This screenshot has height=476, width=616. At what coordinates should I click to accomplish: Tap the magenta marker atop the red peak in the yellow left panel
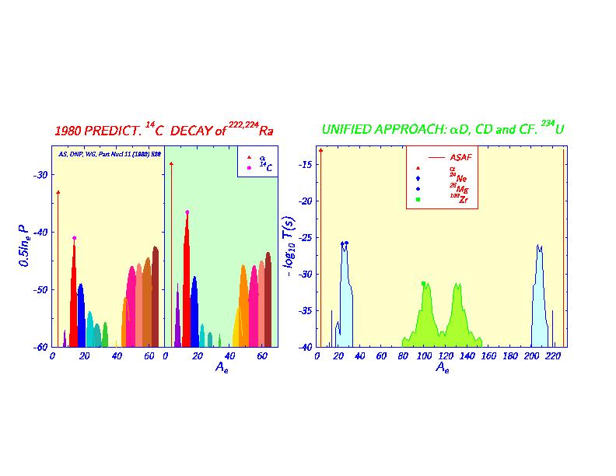pos(74,238)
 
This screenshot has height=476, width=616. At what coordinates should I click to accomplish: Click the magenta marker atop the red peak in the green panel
pos(187,212)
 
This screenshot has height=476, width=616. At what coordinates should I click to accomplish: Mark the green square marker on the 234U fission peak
pos(423,284)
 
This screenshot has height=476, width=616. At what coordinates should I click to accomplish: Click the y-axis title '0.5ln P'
pos(25,247)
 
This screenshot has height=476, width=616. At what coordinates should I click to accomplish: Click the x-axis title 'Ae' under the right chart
pos(442,367)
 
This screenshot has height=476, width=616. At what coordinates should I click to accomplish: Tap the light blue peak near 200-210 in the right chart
pos(539,296)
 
